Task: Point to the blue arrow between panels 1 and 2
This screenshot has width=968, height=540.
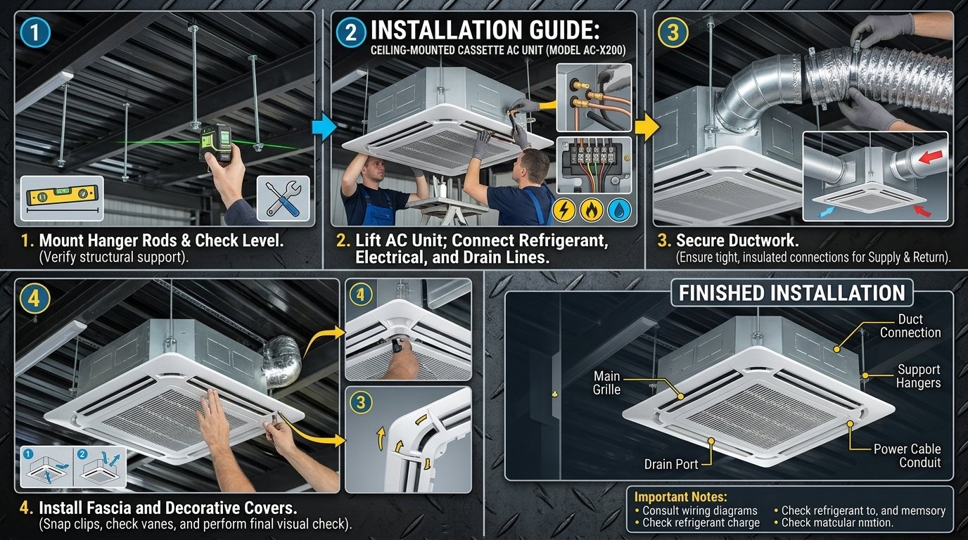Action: pyautogui.click(x=324, y=127)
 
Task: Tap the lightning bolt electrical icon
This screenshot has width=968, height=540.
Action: pyautogui.click(x=566, y=210)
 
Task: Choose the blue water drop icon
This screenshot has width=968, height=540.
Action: pyautogui.click(x=619, y=210)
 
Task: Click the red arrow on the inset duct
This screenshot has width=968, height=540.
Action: pyautogui.click(x=927, y=160)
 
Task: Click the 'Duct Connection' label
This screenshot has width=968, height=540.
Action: pyautogui.click(x=910, y=326)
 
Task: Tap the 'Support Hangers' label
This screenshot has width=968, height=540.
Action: pyautogui.click(x=918, y=376)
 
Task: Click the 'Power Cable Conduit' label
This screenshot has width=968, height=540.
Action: pyautogui.click(x=907, y=456)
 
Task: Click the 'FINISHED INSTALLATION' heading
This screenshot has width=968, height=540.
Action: pyautogui.click(x=791, y=293)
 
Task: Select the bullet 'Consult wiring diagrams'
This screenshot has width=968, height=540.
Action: pyautogui.click(x=700, y=510)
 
